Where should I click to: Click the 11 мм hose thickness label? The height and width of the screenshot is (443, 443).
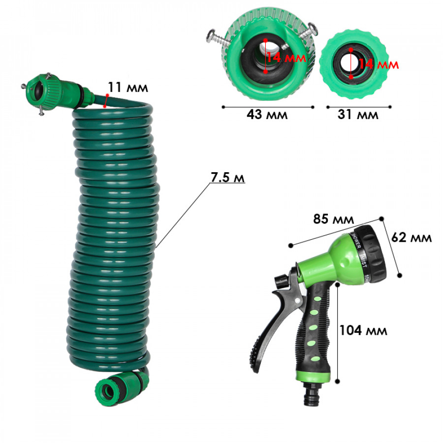[128, 87]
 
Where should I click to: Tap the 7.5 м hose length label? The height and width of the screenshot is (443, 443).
[228, 177]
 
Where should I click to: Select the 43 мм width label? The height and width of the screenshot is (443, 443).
[267, 114]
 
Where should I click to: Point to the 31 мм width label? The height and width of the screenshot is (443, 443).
[358, 114]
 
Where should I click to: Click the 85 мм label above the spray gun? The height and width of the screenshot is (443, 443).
[333, 219]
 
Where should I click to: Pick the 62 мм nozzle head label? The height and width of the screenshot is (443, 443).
[411, 237]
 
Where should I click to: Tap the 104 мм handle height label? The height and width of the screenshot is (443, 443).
[363, 330]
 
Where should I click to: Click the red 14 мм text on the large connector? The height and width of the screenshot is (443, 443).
[286, 58]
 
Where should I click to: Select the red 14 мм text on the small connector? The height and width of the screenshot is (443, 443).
[379, 64]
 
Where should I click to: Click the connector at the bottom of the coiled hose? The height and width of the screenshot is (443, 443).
[122, 388]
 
